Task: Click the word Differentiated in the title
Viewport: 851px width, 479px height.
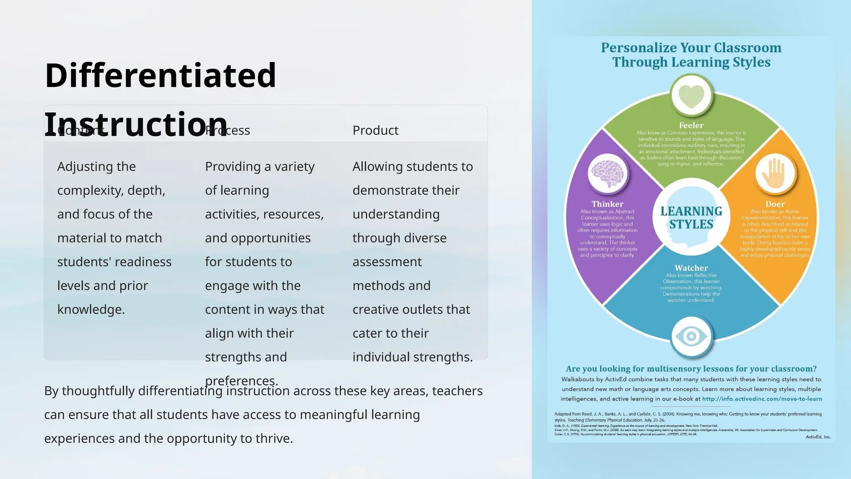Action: [x=160, y=75]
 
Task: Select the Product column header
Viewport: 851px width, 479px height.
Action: [x=375, y=131]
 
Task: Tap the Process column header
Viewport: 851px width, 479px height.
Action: [x=228, y=131]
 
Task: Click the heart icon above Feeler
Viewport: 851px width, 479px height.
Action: [x=691, y=96]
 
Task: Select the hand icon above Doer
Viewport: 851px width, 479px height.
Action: [x=775, y=173]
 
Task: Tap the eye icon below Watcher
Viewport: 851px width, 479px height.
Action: [x=691, y=336]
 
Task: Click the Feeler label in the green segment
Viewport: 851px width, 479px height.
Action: [x=691, y=125]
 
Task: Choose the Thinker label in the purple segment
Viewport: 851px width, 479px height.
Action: [x=608, y=204]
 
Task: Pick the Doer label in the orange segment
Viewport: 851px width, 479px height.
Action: [x=775, y=204]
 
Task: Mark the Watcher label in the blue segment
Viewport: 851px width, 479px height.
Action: [x=691, y=268]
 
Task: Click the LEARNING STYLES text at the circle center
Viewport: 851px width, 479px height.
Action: [x=691, y=218]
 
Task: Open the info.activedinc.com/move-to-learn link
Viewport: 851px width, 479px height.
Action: [x=762, y=399]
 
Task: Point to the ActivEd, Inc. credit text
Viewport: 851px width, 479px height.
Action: [x=818, y=437]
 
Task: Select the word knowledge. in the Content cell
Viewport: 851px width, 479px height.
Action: [x=91, y=310]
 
